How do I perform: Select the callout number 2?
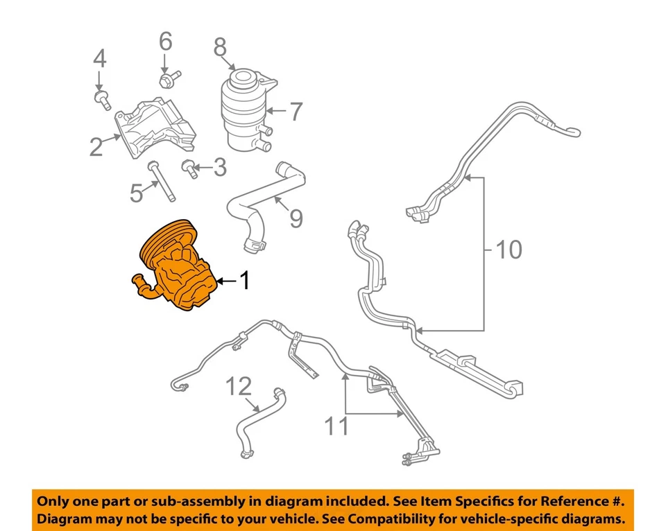[96, 146]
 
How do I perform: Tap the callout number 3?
[219, 166]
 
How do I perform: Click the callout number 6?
[165, 42]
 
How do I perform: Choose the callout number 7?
[296, 111]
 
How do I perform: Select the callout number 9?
[296, 218]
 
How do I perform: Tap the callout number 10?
[509, 250]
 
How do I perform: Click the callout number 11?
[338, 426]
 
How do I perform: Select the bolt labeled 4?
[103, 100]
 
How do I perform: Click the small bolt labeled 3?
[187, 168]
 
